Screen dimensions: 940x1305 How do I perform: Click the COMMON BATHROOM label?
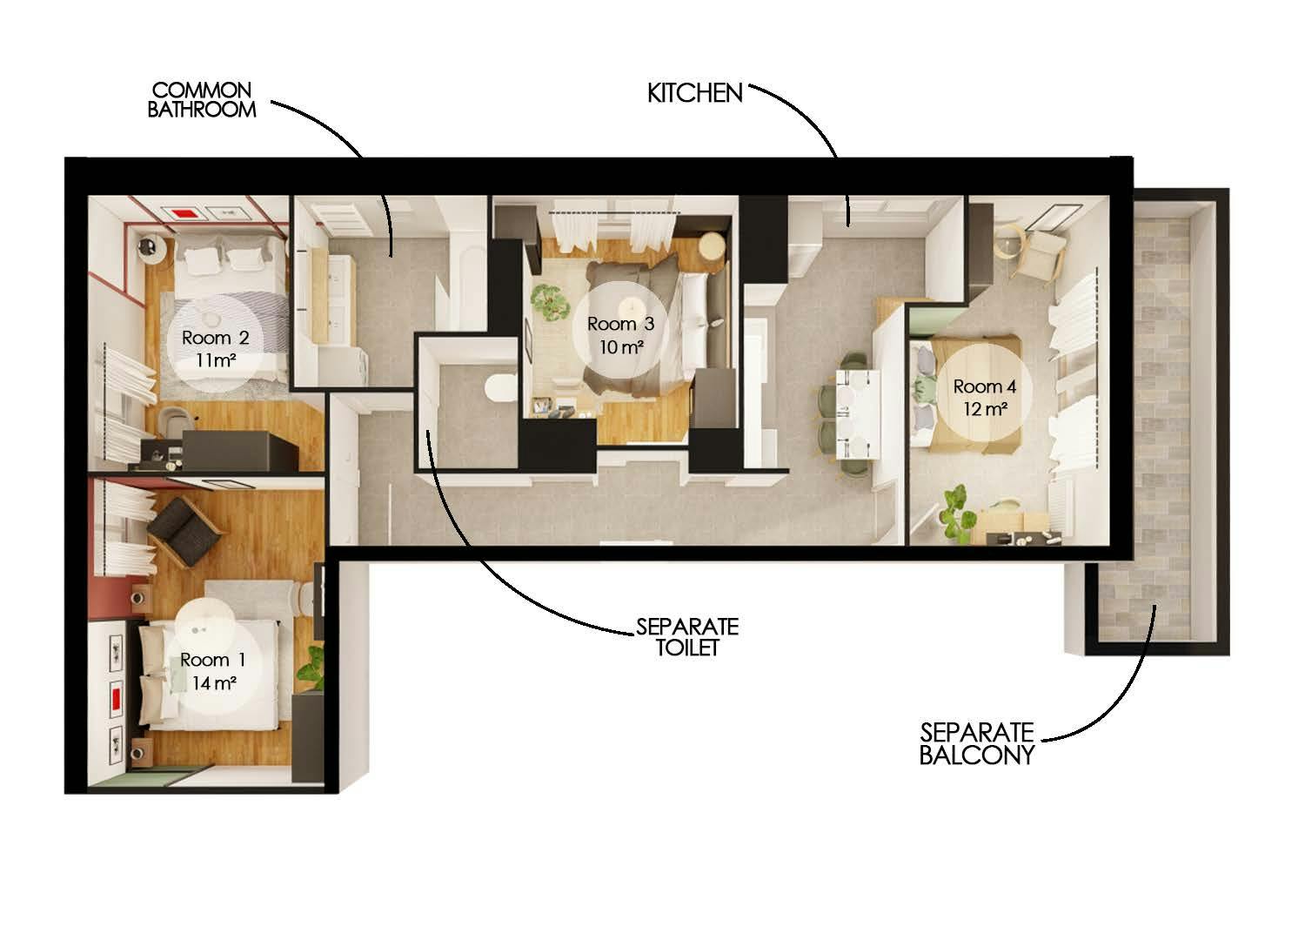[202, 99]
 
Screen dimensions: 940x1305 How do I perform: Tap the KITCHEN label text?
[694, 93]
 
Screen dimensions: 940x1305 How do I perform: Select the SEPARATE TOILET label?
[686, 636]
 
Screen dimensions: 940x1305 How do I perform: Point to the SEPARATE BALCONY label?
[976, 742]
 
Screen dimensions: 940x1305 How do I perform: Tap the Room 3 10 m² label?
[620, 334]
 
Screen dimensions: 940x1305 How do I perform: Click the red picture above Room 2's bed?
[183, 212]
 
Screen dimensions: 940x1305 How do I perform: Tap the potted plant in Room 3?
[547, 300]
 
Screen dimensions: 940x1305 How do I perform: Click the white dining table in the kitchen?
[857, 413]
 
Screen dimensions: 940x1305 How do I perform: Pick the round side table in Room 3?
[711, 245]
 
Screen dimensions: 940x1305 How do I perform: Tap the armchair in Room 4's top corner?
[1040, 252]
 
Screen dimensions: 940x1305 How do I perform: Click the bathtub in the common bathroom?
[463, 287]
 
